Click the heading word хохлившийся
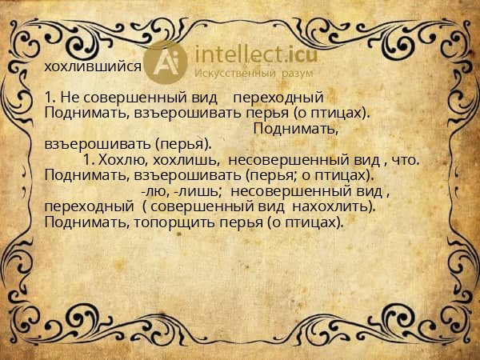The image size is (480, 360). point(93,67)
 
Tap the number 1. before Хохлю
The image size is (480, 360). point(88,160)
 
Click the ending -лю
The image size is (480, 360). point(155,191)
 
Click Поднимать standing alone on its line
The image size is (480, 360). point(294,129)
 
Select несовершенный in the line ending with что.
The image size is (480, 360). point(279,160)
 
